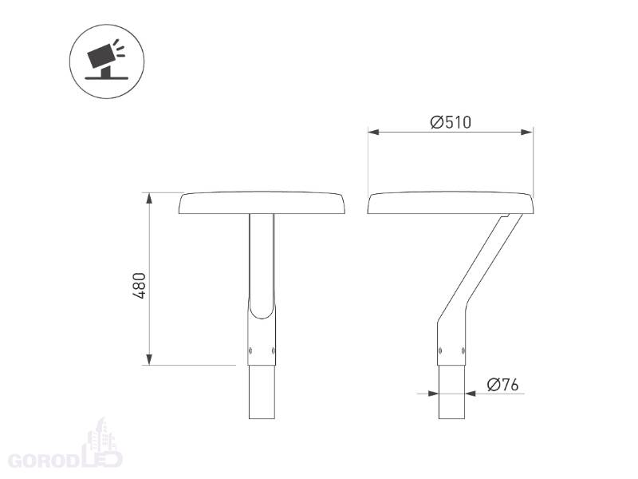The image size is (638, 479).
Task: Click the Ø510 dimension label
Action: pos(451,122)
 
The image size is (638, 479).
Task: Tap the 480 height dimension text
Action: pos(139,286)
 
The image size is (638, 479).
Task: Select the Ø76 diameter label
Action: pos(503,385)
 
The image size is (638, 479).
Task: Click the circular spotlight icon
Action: pos(107,61)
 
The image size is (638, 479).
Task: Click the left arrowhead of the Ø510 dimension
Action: pos(374,132)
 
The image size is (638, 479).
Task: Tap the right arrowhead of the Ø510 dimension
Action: pos(527,132)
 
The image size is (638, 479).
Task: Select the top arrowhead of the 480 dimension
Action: pos(149,199)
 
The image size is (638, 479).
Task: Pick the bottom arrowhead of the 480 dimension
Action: pos(149,359)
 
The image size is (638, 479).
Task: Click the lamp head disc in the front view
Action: pos(262,203)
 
